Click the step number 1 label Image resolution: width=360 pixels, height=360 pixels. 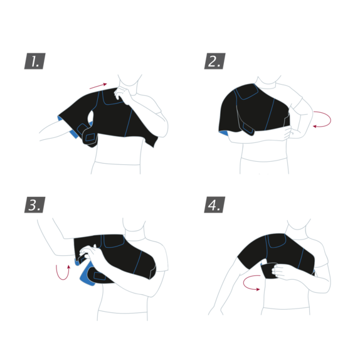coord(35,61)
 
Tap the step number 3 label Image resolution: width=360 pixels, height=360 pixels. coord(35,205)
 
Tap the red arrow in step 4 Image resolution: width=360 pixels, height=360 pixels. coord(251,283)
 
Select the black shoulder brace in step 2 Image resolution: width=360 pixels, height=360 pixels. coord(257,110)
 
